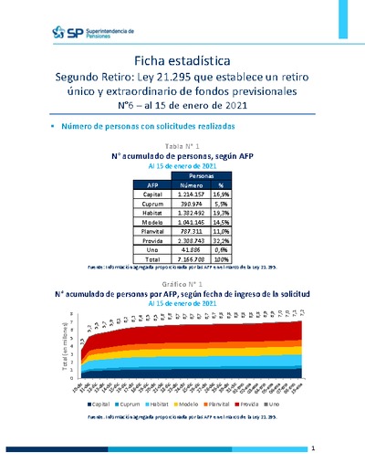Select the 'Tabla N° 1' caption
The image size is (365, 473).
click(182, 146)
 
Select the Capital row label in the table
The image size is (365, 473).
click(152, 194)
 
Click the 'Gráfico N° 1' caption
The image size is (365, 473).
click(182, 284)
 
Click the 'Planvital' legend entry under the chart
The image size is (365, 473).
click(220, 402)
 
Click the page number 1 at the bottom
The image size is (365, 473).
click(312, 448)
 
